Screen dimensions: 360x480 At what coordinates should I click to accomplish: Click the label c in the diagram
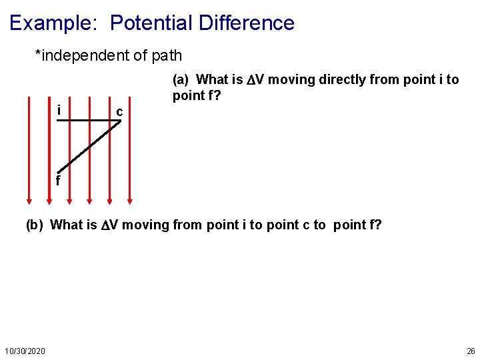tap(119, 111)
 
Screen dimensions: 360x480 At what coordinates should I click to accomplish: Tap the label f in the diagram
tap(58, 181)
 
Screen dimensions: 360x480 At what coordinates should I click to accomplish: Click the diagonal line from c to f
tap(90, 147)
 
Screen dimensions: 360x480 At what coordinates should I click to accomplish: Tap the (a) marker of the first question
tap(181, 80)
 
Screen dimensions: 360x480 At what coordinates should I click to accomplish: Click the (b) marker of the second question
tap(34, 225)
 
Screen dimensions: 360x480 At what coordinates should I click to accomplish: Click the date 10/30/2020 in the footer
tap(25, 351)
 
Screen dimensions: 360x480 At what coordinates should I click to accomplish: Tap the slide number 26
tap(471, 351)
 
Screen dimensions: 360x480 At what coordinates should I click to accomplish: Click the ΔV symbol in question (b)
tap(109, 225)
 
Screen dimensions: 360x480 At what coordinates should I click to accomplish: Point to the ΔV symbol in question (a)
tap(256, 80)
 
